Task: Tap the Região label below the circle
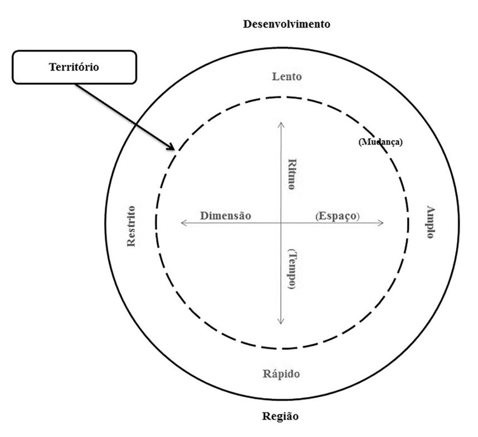click(x=280, y=416)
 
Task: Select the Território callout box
click(x=74, y=67)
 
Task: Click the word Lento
click(x=287, y=77)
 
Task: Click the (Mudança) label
click(x=380, y=142)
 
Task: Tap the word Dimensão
click(x=226, y=215)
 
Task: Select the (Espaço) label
click(x=337, y=216)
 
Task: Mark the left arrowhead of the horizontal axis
click(x=182, y=223)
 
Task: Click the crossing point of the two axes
click(x=281, y=223)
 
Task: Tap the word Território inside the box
click(x=74, y=67)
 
